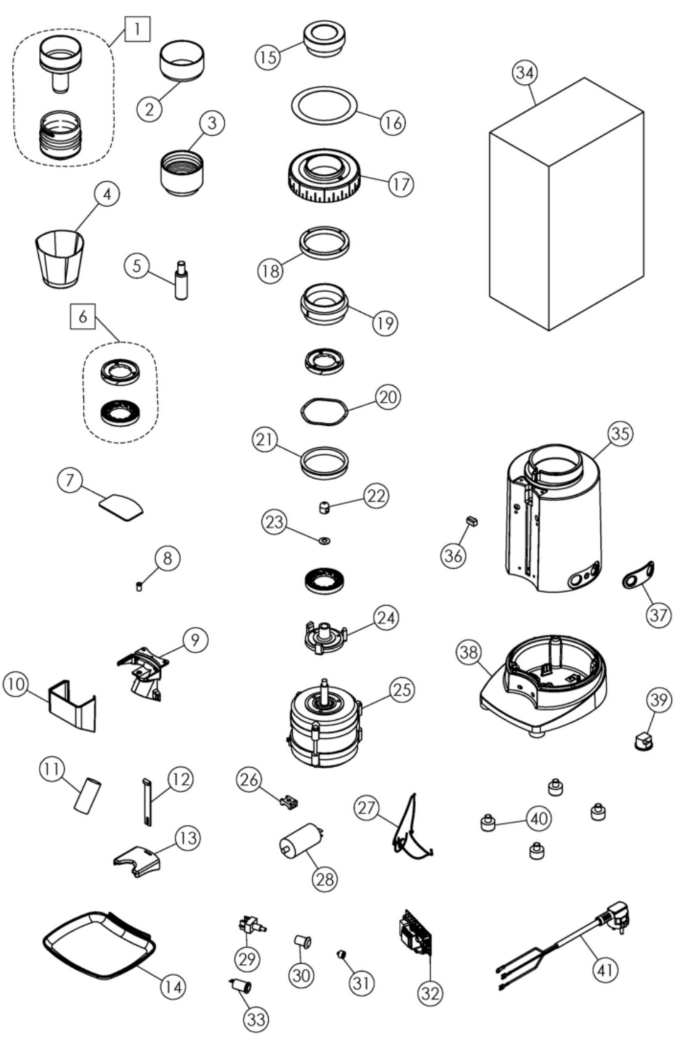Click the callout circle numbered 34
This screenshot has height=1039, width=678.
(x=525, y=73)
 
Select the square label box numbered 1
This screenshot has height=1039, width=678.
(x=137, y=28)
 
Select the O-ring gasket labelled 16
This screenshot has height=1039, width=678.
(x=324, y=106)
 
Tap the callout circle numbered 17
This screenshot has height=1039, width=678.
(x=401, y=184)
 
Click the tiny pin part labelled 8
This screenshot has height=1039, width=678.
(x=139, y=586)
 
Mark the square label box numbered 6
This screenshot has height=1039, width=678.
(x=83, y=317)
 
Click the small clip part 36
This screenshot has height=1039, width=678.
(x=472, y=521)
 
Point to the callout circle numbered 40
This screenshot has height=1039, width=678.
(x=539, y=818)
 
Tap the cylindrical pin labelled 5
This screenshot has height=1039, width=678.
(x=181, y=281)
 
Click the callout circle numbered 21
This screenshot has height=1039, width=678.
(x=266, y=439)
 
